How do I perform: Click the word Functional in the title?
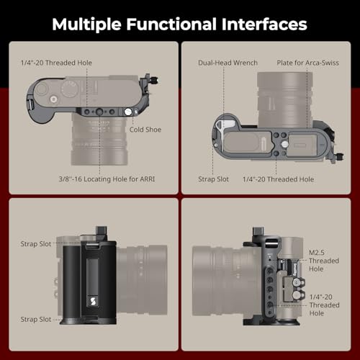[172, 24]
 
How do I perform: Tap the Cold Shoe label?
[145, 130]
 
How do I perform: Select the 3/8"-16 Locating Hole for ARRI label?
[107, 179]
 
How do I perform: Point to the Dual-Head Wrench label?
[228, 63]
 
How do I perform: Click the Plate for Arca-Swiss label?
[308, 63]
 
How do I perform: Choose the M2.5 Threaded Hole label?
[324, 261]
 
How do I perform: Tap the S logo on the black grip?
[94, 302]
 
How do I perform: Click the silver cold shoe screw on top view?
[128, 112]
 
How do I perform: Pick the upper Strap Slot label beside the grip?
[36, 244]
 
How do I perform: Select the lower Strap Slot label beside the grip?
[36, 320]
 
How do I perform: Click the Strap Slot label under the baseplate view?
[213, 179]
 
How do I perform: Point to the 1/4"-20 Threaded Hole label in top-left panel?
[56, 63]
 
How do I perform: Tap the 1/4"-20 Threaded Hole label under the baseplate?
[278, 179]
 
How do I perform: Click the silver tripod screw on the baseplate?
[285, 144]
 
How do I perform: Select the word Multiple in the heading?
[86, 25]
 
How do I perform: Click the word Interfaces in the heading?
[264, 24]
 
